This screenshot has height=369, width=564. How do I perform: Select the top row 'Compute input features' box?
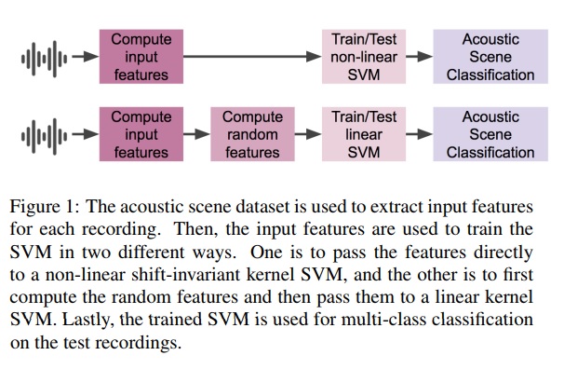click(x=141, y=57)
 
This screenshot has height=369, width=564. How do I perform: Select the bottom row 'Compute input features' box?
click(x=141, y=135)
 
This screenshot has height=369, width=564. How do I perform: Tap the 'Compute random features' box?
click(x=251, y=135)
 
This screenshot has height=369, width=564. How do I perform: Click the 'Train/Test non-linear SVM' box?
click(x=364, y=57)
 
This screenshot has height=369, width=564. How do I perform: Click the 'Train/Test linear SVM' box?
click(x=364, y=135)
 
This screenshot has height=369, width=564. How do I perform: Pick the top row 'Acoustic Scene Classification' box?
click(x=490, y=57)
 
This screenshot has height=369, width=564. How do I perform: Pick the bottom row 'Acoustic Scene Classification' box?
click(x=490, y=135)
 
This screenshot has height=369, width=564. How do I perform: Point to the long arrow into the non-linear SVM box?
click(x=251, y=57)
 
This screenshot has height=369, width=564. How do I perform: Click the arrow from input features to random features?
click(x=197, y=135)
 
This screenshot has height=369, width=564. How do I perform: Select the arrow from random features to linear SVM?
click(x=307, y=135)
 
